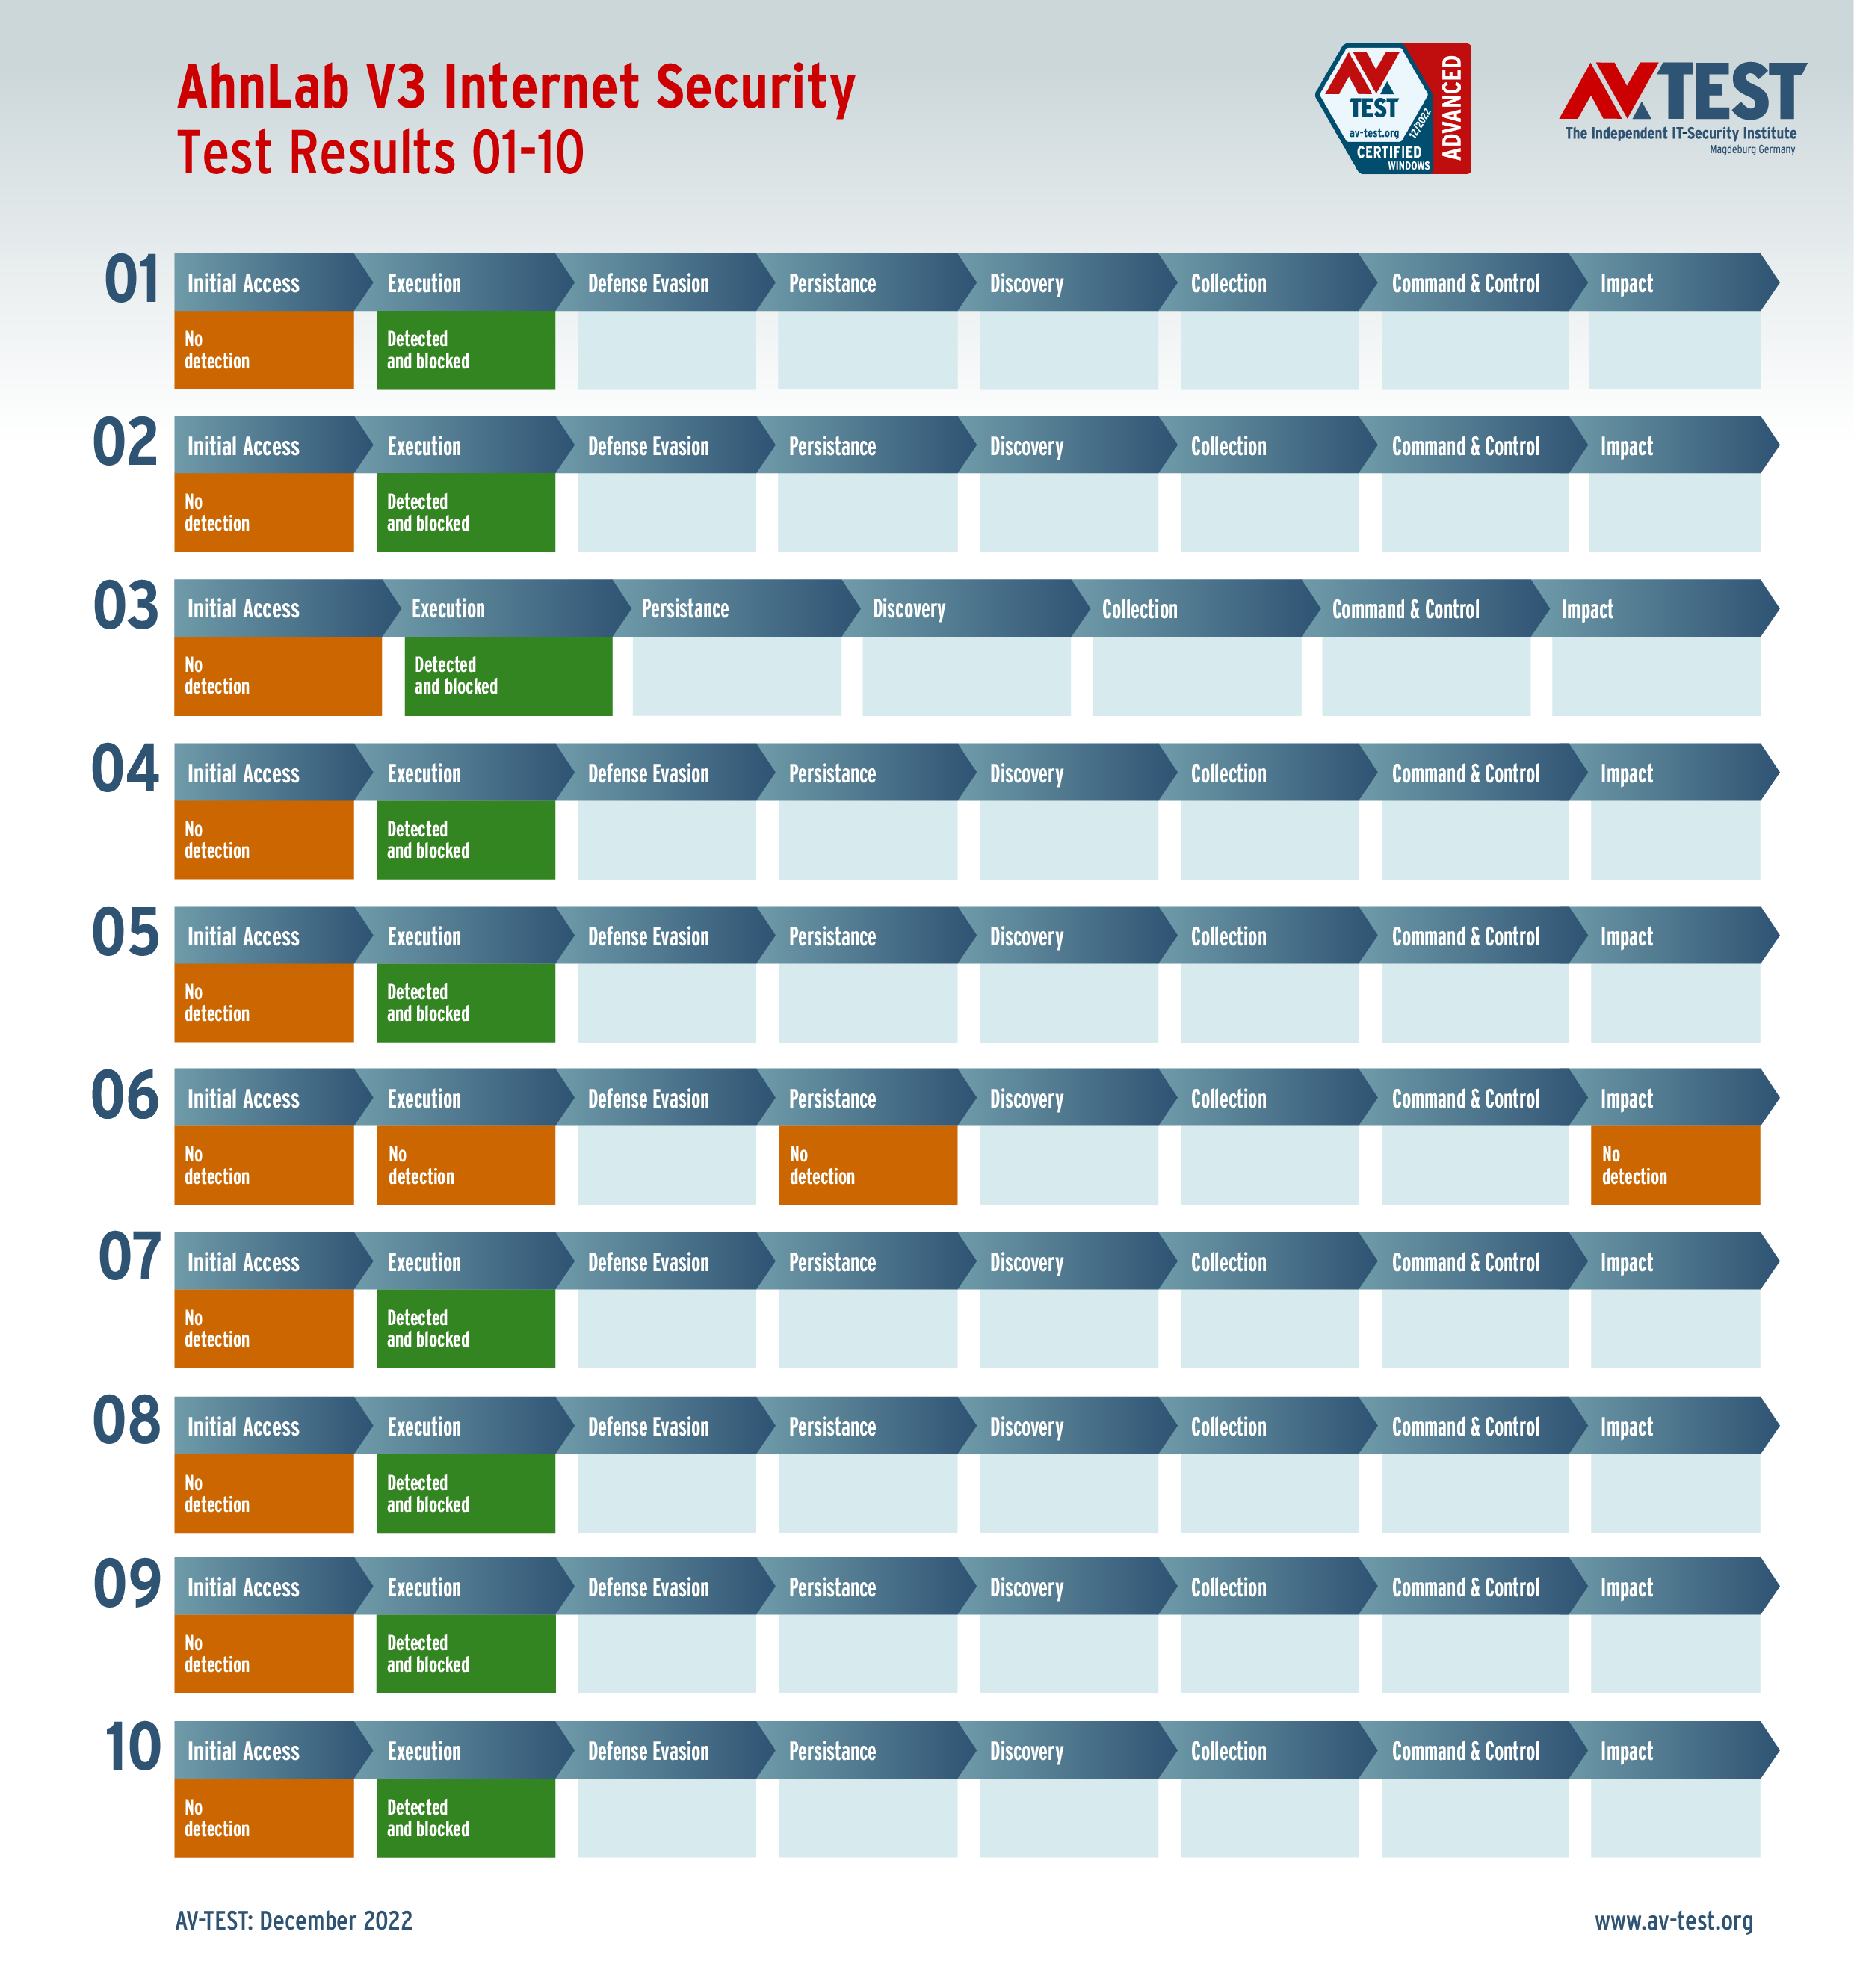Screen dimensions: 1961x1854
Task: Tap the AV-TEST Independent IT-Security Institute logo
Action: click(1682, 107)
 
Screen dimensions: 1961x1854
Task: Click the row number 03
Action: click(126, 606)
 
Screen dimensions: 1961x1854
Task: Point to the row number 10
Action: click(132, 1747)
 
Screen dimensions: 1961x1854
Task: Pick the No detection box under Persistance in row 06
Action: click(867, 1165)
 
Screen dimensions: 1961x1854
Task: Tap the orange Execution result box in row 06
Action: click(466, 1165)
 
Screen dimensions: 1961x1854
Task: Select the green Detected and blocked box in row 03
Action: click(508, 676)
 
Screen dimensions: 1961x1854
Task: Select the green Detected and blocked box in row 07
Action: click(466, 1329)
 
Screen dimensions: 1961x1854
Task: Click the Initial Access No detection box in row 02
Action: click(264, 513)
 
